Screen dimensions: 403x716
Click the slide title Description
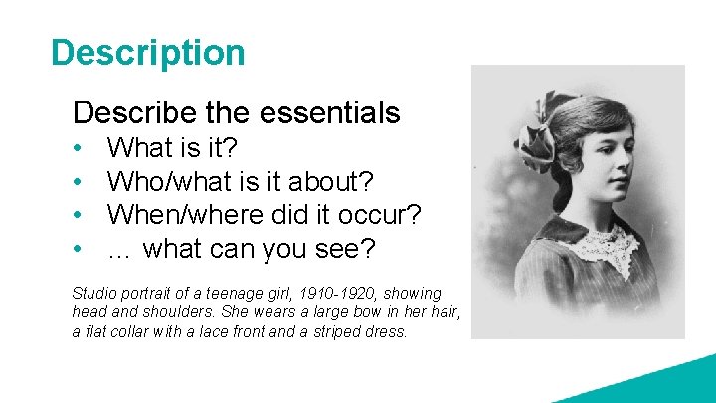[147, 52]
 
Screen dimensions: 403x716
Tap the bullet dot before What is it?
[79, 149]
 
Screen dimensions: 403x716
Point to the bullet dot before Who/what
[79, 183]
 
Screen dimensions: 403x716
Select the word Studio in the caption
[94, 293]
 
